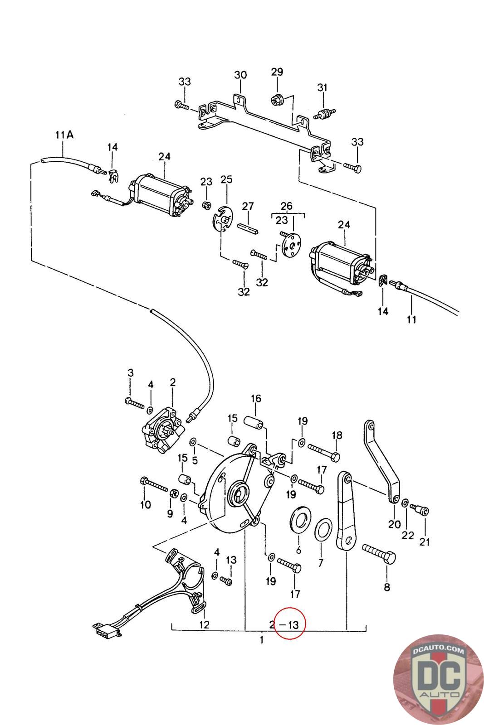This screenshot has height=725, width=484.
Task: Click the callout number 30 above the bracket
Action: (x=240, y=75)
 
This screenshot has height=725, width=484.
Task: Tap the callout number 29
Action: (x=277, y=72)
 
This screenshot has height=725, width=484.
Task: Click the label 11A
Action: (x=64, y=135)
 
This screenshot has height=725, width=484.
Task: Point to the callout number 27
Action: (x=248, y=206)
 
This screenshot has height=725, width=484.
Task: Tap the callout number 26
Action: (x=286, y=206)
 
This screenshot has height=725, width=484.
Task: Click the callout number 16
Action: (x=256, y=398)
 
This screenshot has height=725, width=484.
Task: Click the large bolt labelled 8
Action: (x=379, y=553)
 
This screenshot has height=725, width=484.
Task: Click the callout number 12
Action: (x=204, y=624)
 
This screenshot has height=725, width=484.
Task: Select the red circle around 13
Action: (x=289, y=623)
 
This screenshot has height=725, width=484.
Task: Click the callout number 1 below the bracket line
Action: (x=262, y=640)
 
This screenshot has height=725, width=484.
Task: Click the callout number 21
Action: (x=425, y=541)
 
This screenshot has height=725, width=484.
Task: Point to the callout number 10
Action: (x=146, y=505)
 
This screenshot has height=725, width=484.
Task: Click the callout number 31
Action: (x=322, y=87)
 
